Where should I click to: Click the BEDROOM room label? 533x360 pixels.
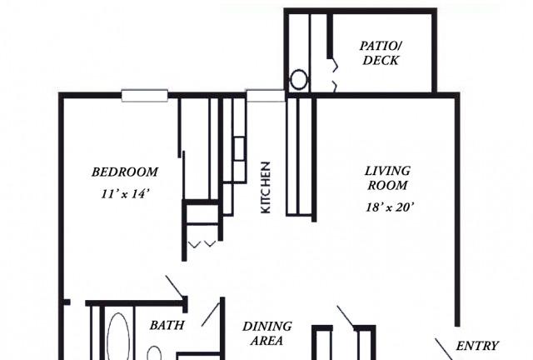click(x=125, y=172)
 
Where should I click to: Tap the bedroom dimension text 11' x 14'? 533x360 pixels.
click(x=125, y=194)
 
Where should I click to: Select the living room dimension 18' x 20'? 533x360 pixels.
click(x=389, y=207)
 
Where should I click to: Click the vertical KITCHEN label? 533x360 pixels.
click(x=265, y=187)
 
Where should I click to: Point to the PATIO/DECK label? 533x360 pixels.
click(x=381, y=52)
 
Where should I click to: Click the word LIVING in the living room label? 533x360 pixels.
click(x=387, y=171)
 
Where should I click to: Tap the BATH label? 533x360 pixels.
click(x=167, y=325)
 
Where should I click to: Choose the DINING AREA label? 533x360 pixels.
click(x=266, y=333)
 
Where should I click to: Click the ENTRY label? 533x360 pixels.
click(x=477, y=346)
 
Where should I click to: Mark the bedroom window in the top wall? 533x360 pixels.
click(x=144, y=96)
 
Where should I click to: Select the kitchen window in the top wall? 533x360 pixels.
click(x=266, y=96)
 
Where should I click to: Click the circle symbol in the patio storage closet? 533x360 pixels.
click(x=299, y=80)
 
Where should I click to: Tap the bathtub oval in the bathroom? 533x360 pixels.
click(x=118, y=336)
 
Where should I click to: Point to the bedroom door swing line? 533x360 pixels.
click(x=175, y=286)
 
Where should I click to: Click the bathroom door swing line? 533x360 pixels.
click(x=210, y=314)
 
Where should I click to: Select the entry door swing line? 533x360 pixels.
click(x=444, y=349)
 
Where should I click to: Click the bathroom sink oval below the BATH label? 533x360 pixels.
click(x=154, y=353)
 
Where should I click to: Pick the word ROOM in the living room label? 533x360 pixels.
click(x=387, y=186)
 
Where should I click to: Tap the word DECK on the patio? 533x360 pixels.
click(x=381, y=60)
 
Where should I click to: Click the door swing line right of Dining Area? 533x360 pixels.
click(x=346, y=316)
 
